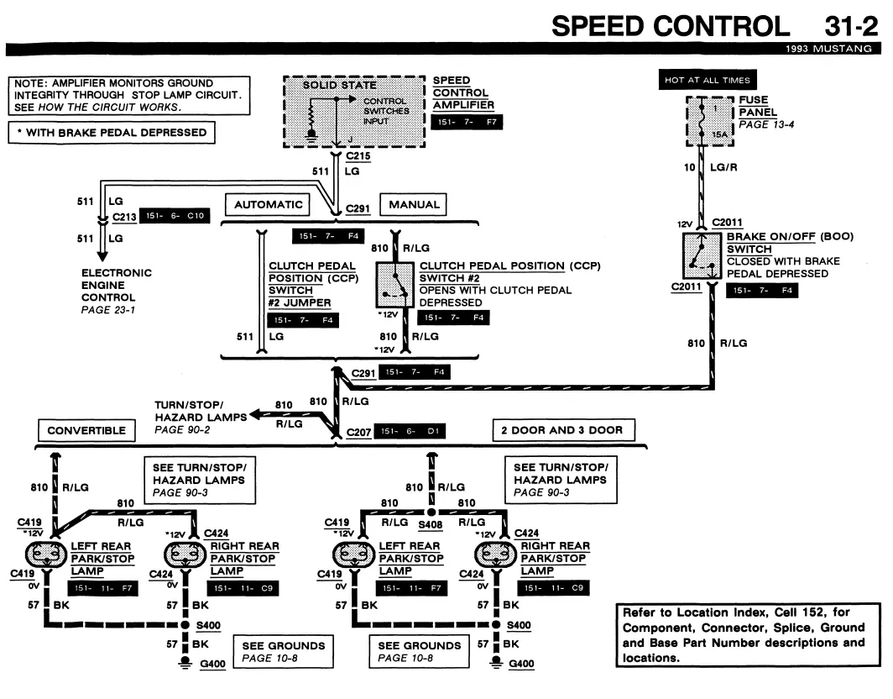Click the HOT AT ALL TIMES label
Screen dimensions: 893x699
click(708, 80)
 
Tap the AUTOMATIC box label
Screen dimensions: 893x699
click(269, 205)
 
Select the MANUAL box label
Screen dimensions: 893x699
click(414, 205)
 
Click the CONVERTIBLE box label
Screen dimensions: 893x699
click(86, 430)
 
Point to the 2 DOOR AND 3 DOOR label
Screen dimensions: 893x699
click(562, 430)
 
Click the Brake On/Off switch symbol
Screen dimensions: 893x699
click(702, 255)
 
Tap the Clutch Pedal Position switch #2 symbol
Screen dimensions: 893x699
click(394, 285)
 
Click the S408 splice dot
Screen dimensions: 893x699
click(431, 512)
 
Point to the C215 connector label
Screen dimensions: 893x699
click(358, 156)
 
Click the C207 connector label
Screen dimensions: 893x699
click(359, 432)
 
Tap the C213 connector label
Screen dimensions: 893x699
click(124, 218)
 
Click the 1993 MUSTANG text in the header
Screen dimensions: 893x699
click(828, 49)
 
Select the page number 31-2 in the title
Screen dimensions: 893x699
click(851, 26)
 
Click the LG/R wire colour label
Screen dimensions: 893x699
click(723, 168)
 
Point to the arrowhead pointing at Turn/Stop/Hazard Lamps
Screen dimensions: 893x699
click(256, 414)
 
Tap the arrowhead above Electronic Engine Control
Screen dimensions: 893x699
click(102, 255)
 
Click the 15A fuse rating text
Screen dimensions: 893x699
click(719, 134)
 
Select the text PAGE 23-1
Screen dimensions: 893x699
click(108, 310)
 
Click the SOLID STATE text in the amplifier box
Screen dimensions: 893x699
click(339, 85)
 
